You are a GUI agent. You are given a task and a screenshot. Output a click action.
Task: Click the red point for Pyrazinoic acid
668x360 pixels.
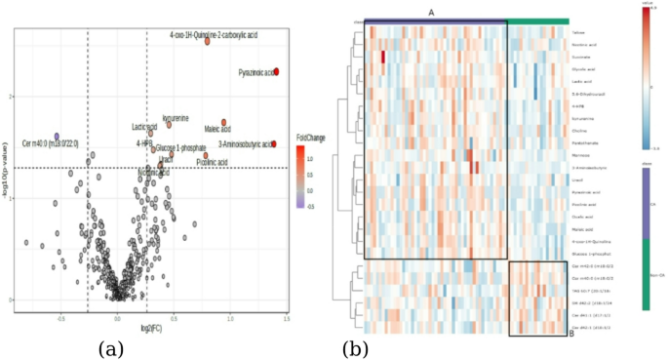pyautogui.click(x=277, y=72)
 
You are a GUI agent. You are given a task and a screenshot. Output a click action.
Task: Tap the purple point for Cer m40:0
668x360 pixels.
pyautogui.click(x=58, y=137)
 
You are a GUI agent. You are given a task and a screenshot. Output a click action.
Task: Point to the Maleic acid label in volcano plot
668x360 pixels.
pyautogui.click(x=217, y=129)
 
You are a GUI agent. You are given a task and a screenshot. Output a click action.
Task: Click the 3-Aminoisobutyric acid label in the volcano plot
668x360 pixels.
pyautogui.click(x=245, y=144)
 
